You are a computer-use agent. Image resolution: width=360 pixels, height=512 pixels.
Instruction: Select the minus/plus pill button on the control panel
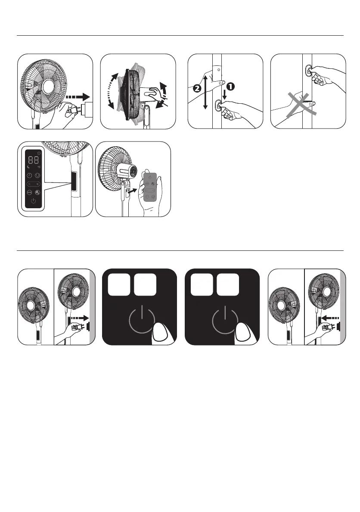[x=34, y=183]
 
